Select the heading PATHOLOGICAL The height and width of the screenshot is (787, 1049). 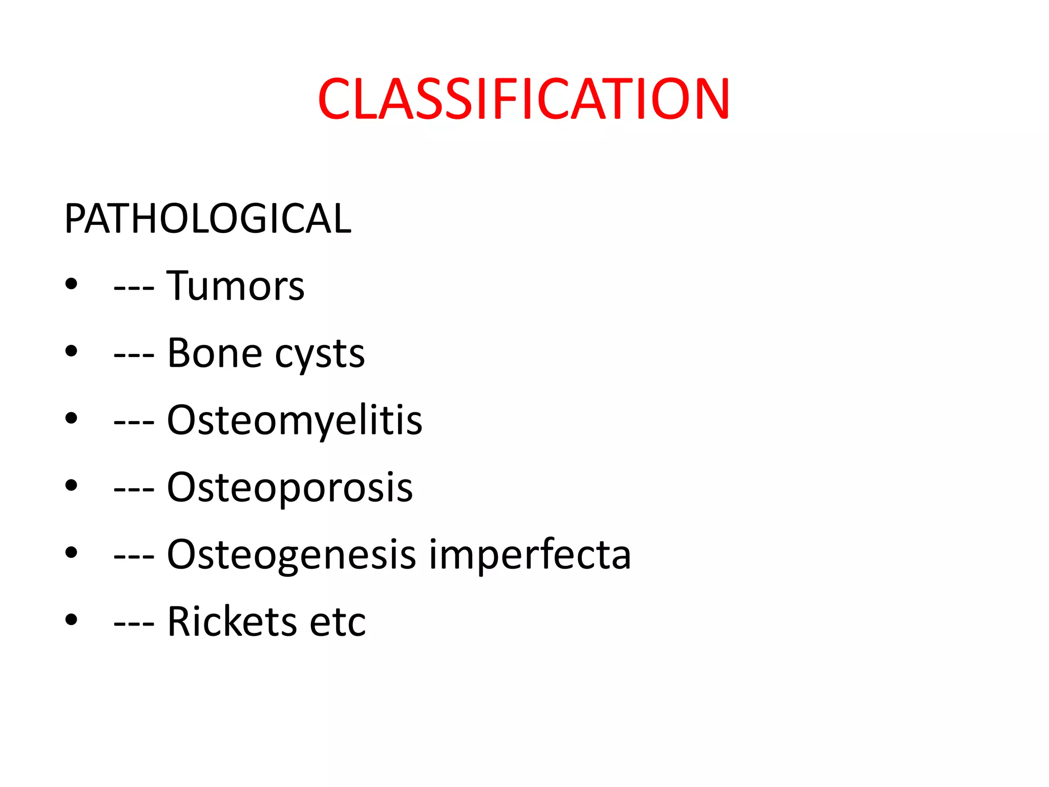[207, 219]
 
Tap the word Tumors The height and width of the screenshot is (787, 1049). [235, 285]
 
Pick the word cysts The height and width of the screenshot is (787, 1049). [320, 355]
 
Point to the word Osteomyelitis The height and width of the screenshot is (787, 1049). [295, 420]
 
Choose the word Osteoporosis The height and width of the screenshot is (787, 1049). [290, 487]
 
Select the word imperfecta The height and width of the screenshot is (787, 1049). [530, 554]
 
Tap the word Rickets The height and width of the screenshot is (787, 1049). [232, 622]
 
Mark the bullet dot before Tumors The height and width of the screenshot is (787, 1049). [71, 284]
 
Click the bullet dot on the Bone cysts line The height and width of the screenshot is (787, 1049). [71, 351]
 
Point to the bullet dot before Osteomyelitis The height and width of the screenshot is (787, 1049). [71, 418]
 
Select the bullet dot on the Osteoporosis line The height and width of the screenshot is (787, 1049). [71, 485]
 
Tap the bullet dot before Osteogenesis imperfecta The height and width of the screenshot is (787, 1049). [71, 552]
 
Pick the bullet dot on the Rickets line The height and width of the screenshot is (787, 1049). [71, 619]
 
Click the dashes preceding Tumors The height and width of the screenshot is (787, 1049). [134, 288]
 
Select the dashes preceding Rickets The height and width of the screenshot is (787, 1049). [134, 624]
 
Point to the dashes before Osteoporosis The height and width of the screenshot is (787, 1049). [134, 490]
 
